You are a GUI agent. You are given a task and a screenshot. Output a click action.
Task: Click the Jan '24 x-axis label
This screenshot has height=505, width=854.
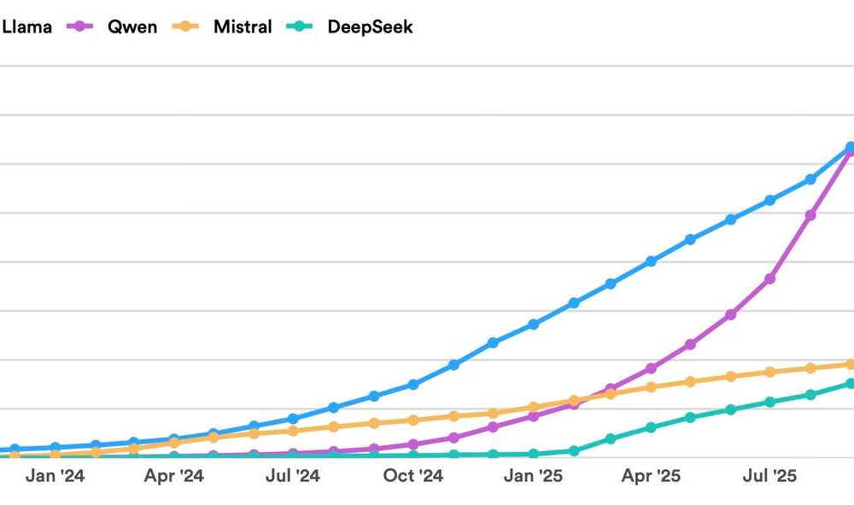click(x=55, y=476)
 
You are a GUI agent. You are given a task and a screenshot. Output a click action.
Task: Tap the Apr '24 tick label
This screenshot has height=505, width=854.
click(x=174, y=476)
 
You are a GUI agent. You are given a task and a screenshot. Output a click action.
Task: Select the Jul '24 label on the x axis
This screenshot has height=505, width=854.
click(x=293, y=476)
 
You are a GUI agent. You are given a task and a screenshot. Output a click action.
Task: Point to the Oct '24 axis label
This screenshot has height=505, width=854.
click(x=413, y=476)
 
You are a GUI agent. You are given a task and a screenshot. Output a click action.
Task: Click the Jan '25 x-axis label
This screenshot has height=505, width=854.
click(x=533, y=476)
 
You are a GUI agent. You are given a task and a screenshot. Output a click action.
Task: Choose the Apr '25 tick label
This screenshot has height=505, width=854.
click(x=651, y=476)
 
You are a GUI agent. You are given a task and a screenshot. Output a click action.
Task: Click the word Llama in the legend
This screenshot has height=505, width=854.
click(x=26, y=26)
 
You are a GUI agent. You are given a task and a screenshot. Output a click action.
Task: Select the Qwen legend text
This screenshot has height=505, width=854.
click(x=132, y=26)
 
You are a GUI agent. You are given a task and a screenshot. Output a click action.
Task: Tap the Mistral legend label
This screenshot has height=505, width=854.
click(x=243, y=26)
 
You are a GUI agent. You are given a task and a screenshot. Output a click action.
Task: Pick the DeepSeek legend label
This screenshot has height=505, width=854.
click(x=370, y=26)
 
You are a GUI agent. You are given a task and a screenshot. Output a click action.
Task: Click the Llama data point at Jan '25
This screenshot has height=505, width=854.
click(x=533, y=325)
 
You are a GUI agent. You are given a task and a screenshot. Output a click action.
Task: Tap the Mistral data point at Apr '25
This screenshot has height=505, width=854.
click(x=651, y=387)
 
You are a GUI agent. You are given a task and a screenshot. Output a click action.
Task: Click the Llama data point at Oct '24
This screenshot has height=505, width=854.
click(x=413, y=385)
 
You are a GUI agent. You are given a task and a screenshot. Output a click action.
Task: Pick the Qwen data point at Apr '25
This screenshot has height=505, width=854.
click(x=651, y=368)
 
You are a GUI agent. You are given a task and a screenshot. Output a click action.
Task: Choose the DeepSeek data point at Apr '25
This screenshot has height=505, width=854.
click(x=651, y=427)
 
